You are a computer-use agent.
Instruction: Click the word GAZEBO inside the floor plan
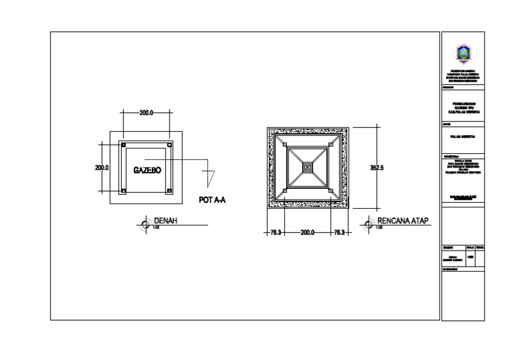(146, 170)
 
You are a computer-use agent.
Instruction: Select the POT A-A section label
(212, 200)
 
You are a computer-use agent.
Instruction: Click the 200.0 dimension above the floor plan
(146, 113)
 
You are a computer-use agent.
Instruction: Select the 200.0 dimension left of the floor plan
(101, 168)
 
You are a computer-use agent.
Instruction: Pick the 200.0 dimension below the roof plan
(307, 233)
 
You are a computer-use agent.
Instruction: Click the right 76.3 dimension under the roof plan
(338, 233)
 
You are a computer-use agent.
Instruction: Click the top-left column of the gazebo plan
(123, 144)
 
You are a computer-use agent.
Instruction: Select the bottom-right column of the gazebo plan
(170, 191)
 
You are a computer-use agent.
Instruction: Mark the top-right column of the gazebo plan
(170, 144)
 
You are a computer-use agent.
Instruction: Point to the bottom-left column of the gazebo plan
(123, 191)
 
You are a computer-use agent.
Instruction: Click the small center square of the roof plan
(307, 168)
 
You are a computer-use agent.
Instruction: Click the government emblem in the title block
(463, 52)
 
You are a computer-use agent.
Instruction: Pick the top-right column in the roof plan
(330, 145)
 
